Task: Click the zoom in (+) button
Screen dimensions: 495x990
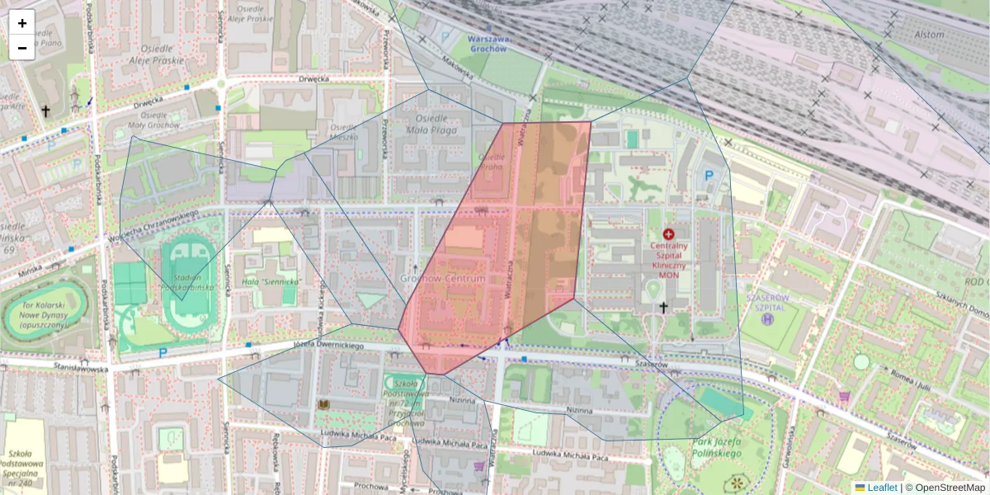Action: point(21,23)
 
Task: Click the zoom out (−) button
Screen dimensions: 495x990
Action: point(21,48)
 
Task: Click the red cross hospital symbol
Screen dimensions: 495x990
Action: point(668,234)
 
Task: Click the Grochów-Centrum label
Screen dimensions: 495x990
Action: point(442,280)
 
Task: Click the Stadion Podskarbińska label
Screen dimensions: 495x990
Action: point(191,282)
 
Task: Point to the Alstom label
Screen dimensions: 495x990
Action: point(929,35)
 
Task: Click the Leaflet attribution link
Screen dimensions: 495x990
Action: point(882,488)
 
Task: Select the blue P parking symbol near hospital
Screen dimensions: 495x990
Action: point(708,175)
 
